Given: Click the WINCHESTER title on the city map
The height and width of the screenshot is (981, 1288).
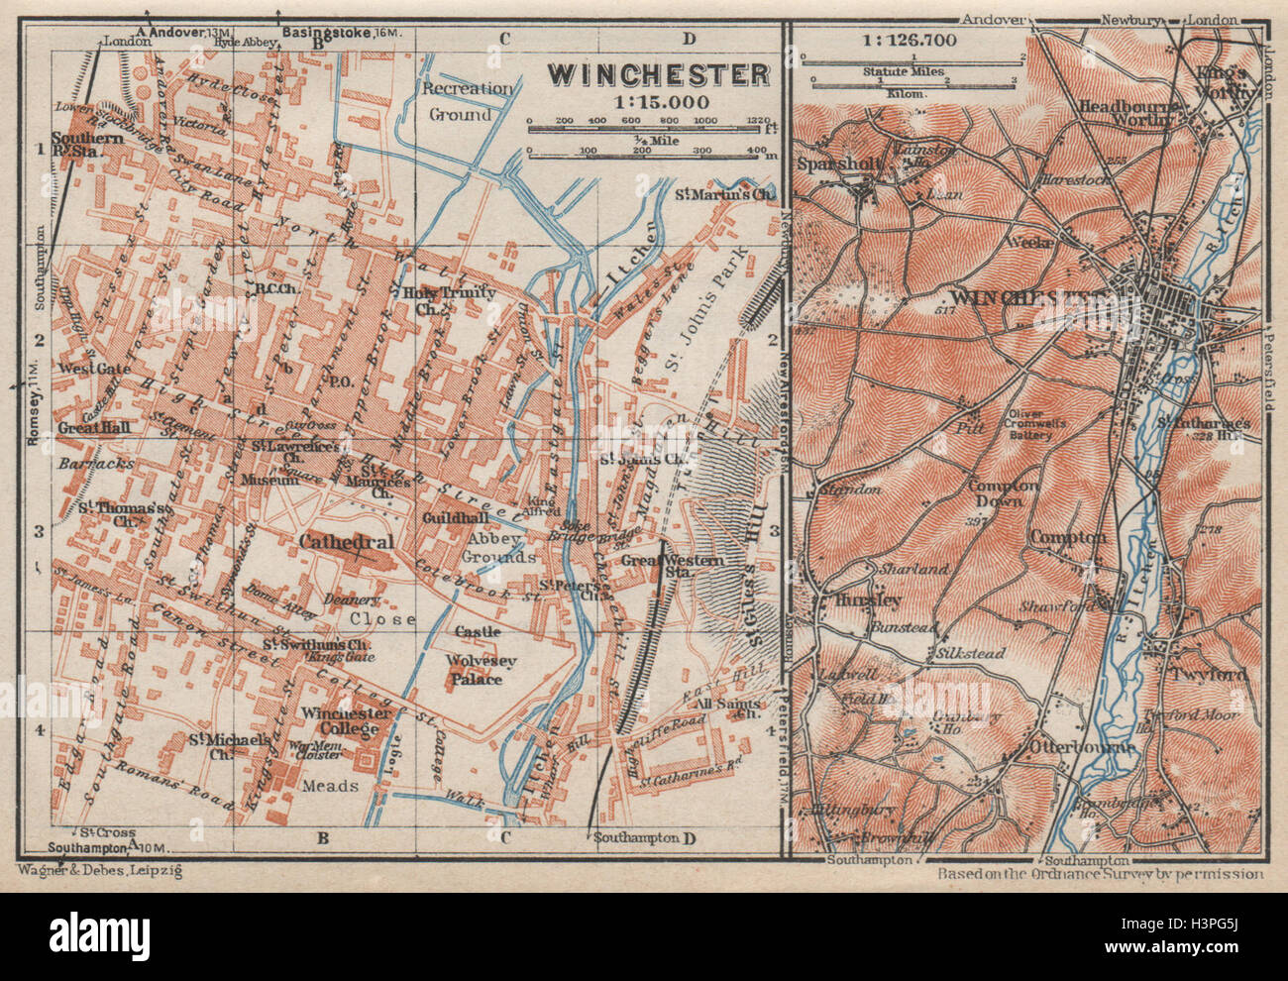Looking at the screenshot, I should tap(659, 74).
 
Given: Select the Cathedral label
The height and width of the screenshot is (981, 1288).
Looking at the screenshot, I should tap(346, 542).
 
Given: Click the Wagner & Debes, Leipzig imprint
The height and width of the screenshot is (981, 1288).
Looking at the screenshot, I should tap(99, 870).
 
